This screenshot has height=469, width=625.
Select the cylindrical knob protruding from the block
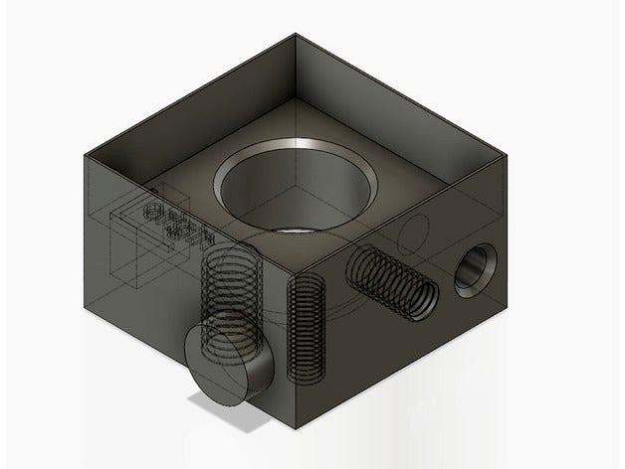tap(231, 364)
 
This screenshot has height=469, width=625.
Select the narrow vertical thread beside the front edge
tap(305, 327)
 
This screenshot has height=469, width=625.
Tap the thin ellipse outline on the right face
tap(414, 234)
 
